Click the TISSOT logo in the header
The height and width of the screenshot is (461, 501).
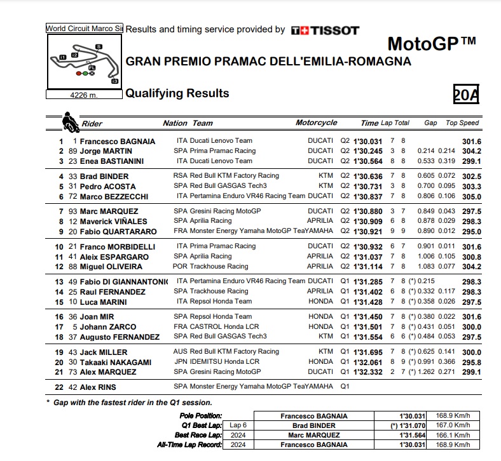tap(325, 30)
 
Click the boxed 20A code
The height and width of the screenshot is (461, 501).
tap(465, 94)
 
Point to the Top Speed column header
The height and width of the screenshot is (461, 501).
tap(462, 123)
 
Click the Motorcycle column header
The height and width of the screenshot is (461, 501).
tap(317, 123)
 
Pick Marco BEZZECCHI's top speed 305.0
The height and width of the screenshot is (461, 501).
tap(471, 196)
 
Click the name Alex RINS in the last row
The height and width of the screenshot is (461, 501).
tap(98, 387)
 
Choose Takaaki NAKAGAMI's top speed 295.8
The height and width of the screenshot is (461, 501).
tap(471, 361)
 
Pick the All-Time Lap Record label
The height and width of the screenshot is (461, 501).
tap(189, 445)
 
